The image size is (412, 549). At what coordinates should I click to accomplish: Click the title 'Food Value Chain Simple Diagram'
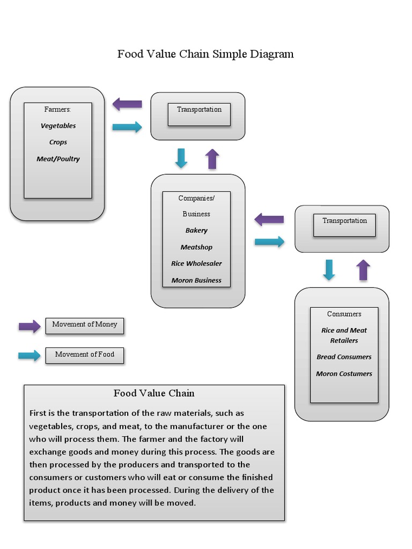(x=205, y=54)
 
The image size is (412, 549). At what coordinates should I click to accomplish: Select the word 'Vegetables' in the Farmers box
(x=58, y=126)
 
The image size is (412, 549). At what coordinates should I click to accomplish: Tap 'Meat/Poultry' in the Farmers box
(x=58, y=159)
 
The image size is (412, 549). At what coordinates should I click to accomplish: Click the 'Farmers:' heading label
(x=57, y=109)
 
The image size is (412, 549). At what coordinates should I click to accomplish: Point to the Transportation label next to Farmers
(x=199, y=109)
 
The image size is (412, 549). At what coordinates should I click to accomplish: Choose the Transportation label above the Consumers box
(x=344, y=221)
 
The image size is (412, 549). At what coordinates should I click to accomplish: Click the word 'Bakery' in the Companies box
(x=196, y=231)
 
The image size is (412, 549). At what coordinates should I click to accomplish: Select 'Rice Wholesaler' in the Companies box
(x=196, y=264)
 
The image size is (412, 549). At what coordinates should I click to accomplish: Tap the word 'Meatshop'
(x=196, y=247)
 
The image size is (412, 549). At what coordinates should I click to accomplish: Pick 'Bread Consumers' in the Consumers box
(x=344, y=357)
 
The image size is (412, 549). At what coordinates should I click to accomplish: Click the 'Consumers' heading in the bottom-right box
(x=344, y=314)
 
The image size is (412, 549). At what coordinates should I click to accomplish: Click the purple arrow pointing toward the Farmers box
(x=127, y=104)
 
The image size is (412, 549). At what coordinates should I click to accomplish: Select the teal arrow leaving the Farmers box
(x=127, y=127)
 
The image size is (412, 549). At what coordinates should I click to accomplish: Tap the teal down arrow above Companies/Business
(x=181, y=159)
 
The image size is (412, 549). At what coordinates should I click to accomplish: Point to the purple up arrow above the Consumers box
(x=364, y=270)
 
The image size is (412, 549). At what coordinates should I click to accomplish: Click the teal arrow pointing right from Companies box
(x=269, y=242)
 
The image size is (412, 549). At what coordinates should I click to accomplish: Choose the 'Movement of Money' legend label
(x=84, y=324)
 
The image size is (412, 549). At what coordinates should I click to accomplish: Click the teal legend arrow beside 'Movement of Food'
(x=30, y=355)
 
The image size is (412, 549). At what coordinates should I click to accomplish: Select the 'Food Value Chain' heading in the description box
(x=154, y=394)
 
